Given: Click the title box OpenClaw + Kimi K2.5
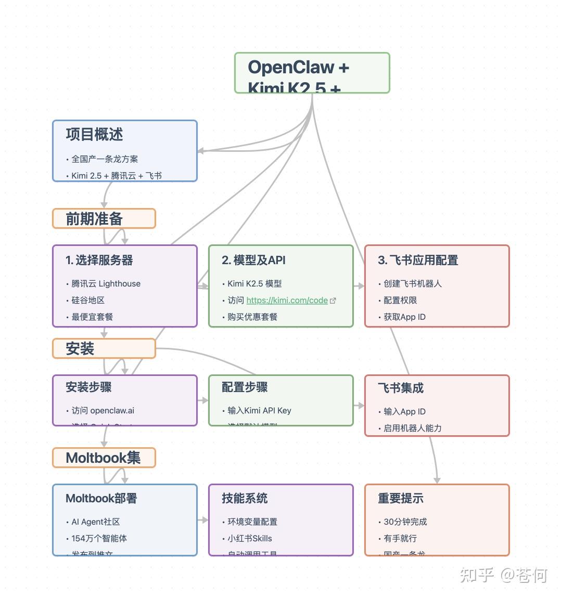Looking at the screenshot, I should pos(312,73).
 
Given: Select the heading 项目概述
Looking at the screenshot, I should pos(94,135).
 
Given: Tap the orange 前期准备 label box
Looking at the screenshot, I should pos(104,218).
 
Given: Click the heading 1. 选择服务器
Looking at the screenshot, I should pos(99,260).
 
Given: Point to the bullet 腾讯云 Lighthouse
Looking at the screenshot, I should pos(106,283).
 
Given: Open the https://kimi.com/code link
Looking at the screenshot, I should pos(287,300).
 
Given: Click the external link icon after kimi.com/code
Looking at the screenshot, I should pos(333,301).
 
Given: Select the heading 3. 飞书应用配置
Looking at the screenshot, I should pos(418,260).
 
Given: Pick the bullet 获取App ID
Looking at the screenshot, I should pos(404,317).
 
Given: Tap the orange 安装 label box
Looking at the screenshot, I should pos(104,348).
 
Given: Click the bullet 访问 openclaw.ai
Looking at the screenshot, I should pos(103,410).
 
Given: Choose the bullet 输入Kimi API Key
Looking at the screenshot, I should pos(259,410).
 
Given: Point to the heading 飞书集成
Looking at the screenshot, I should pos(401,387).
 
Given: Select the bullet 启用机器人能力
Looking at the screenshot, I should pos(412,428).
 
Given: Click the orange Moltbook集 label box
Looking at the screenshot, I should pos(104,458).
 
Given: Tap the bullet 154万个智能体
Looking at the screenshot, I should pos(99,538).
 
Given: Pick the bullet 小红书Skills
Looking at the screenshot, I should pos(249,538).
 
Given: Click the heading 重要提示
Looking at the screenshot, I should pos(401,498).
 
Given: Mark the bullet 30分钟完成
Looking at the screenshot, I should pos(405,522).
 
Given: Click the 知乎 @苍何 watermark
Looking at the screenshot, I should pos(503,575).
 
